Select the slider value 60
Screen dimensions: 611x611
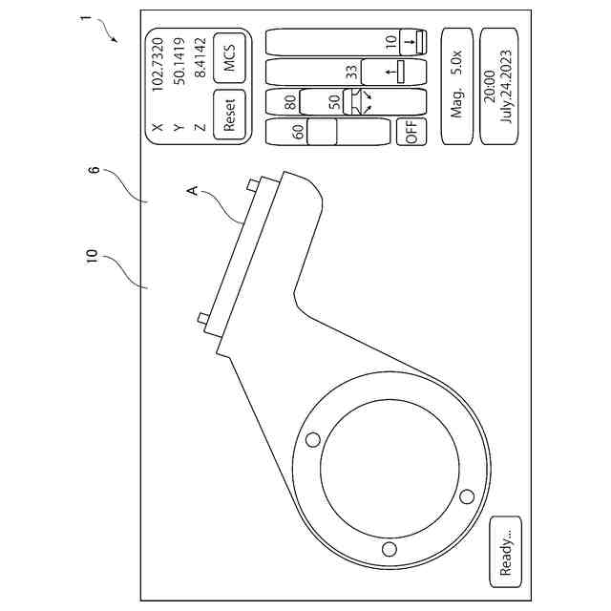(299, 133)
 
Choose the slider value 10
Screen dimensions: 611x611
(390, 43)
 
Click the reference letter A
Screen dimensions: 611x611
(191, 192)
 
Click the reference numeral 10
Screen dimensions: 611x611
(92, 258)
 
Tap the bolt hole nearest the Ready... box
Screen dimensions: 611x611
(389, 548)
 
